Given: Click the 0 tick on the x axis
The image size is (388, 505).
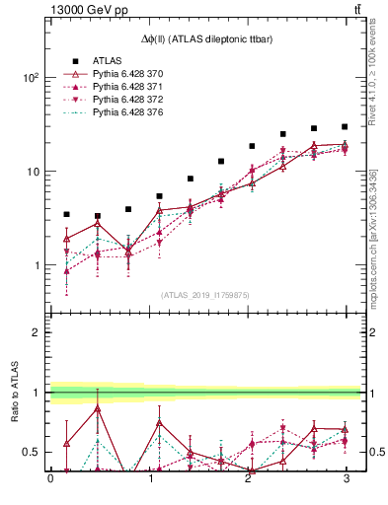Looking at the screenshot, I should click(50, 479).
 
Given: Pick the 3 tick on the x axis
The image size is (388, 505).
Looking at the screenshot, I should click(345, 479).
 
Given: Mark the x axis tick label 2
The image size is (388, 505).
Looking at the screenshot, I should click(247, 479).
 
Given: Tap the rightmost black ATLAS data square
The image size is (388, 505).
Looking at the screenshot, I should click(345, 126).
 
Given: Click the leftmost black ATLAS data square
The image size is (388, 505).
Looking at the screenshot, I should click(66, 214).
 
